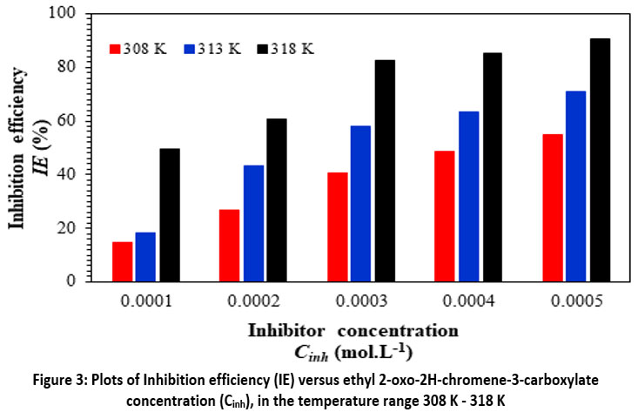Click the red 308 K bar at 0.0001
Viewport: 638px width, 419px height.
(122, 261)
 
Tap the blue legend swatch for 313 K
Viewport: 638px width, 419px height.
(189, 49)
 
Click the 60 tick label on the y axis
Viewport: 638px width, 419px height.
(65, 121)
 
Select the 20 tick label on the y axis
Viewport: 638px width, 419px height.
(65, 228)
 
